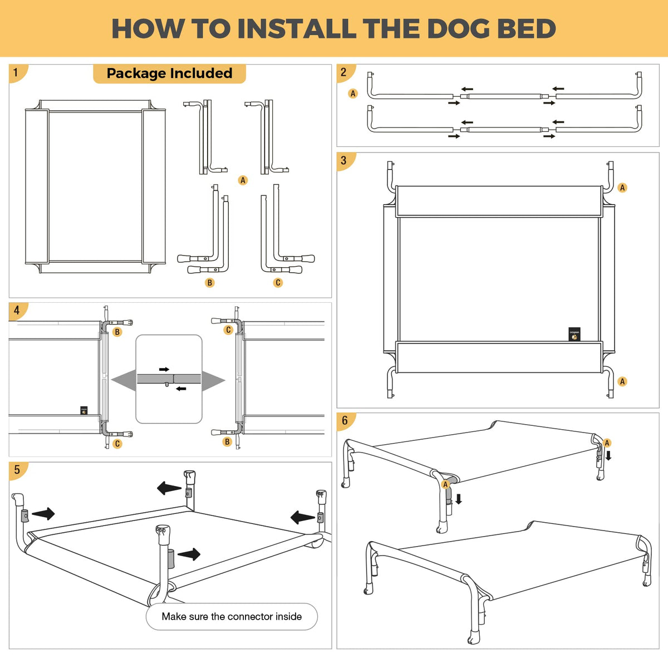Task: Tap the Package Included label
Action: click(170, 73)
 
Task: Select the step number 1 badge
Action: click(17, 73)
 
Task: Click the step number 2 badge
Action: click(345, 73)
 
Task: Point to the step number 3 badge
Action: click(345, 161)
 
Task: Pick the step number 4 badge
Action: click(17, 311)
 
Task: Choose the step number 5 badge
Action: click(17, 470)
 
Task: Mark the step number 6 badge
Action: click(345, 421)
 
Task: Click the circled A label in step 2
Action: click(353, 94)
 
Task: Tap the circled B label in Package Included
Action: click(210, 283)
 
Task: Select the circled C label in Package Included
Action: click(278, 283)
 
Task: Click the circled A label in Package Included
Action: click(243, 180)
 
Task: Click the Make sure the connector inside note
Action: click(232, 616)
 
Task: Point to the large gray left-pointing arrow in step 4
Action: click(124, 380)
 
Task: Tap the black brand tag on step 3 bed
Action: click(574, 334)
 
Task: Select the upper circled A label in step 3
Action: click(622, 188)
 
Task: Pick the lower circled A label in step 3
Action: click(622, 382)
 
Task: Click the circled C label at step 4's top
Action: click(228, 330)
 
